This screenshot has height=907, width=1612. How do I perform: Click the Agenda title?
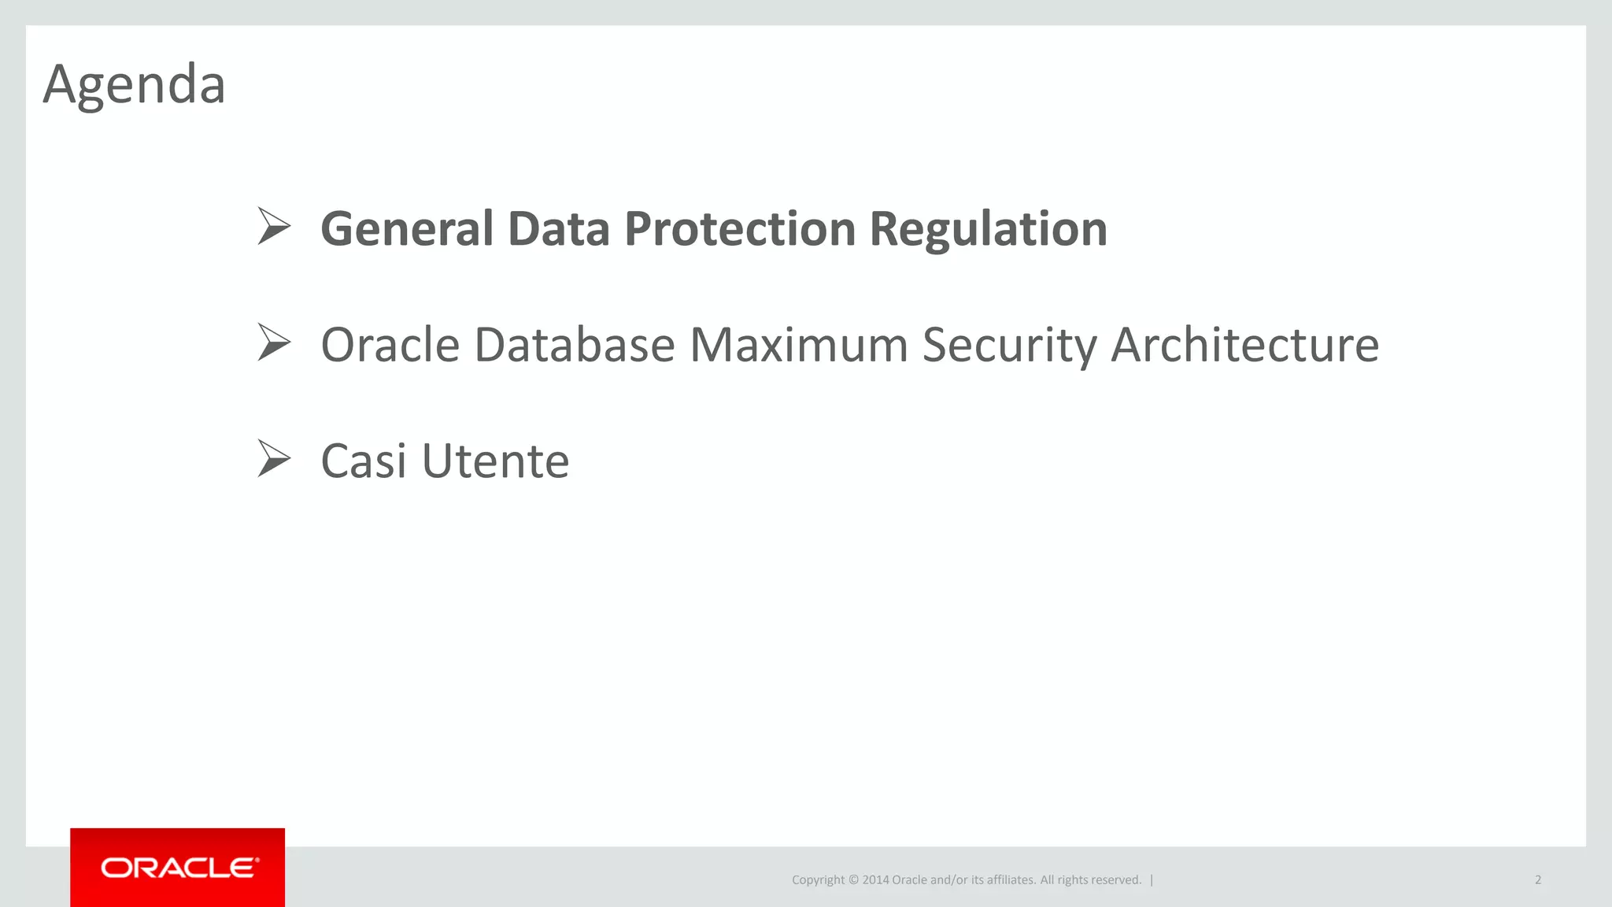click(x=134, y=84)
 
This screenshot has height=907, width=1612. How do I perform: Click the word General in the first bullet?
click(x=407, y=229)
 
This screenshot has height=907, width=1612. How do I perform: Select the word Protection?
click(x=739, y=229)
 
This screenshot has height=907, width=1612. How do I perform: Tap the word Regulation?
click(x=988, y=229)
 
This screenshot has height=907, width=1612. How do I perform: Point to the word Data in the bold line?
click(x=558, y=229)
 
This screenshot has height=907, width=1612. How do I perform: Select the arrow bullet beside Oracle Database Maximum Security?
click(x=274, y=343)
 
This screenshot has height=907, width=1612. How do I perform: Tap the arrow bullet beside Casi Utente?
click(x=274, y=459)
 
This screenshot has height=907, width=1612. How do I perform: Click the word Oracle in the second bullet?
click(x=390, y=345)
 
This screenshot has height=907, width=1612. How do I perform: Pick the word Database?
click(x=575, y=345)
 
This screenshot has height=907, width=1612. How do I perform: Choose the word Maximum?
click(x=798, y=345)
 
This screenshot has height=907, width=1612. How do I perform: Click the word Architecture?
click(x=1244, y=345)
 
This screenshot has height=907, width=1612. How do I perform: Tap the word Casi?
click(x=364, y=461)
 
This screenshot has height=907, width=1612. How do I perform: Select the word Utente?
click(x=495, y=461)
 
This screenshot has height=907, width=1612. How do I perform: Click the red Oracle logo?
click(x=178, y=868)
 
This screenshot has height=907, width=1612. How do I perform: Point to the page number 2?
click(x=1538, y=880)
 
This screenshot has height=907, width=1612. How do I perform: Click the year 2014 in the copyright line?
click(x=875, y=880)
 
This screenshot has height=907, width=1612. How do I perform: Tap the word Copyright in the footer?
click(x=818, y=880)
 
